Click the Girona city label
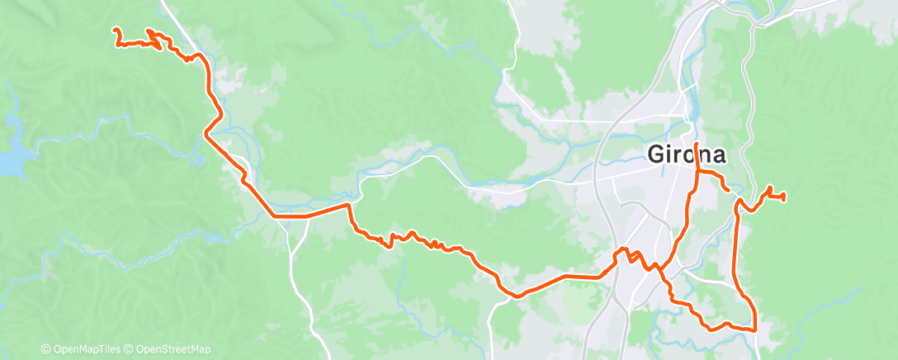687,155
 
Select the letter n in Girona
704,155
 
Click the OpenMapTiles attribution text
85,349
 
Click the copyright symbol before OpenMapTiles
45,349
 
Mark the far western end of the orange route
115,31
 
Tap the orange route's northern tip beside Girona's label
697,144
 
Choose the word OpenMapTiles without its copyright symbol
89,349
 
